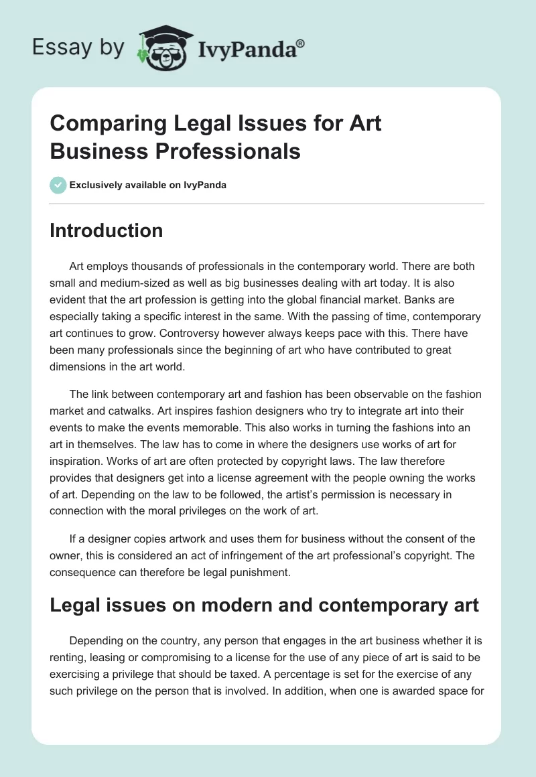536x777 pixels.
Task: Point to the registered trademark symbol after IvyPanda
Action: click(x=301, y=42)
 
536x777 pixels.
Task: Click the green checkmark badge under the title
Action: click(x=58, y=185)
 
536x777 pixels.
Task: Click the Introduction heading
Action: click(x=107, y=230)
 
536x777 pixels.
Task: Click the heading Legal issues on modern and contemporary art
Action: click(x=265, y=605)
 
